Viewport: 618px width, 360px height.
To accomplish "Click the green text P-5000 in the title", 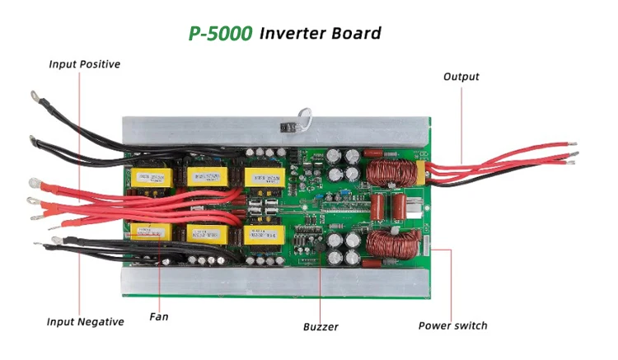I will pos(220,33).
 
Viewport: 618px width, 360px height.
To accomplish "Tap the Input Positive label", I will pos(84,63).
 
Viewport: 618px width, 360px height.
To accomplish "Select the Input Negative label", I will pos(85,321).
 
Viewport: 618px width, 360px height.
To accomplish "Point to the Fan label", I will pos(159,316).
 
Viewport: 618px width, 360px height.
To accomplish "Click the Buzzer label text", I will pos(321,326).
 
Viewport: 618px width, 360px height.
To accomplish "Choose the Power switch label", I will pos(452,325).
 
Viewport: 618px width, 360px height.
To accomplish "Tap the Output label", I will pos(461,77).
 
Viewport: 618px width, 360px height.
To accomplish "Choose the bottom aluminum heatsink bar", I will pos(272,285).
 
